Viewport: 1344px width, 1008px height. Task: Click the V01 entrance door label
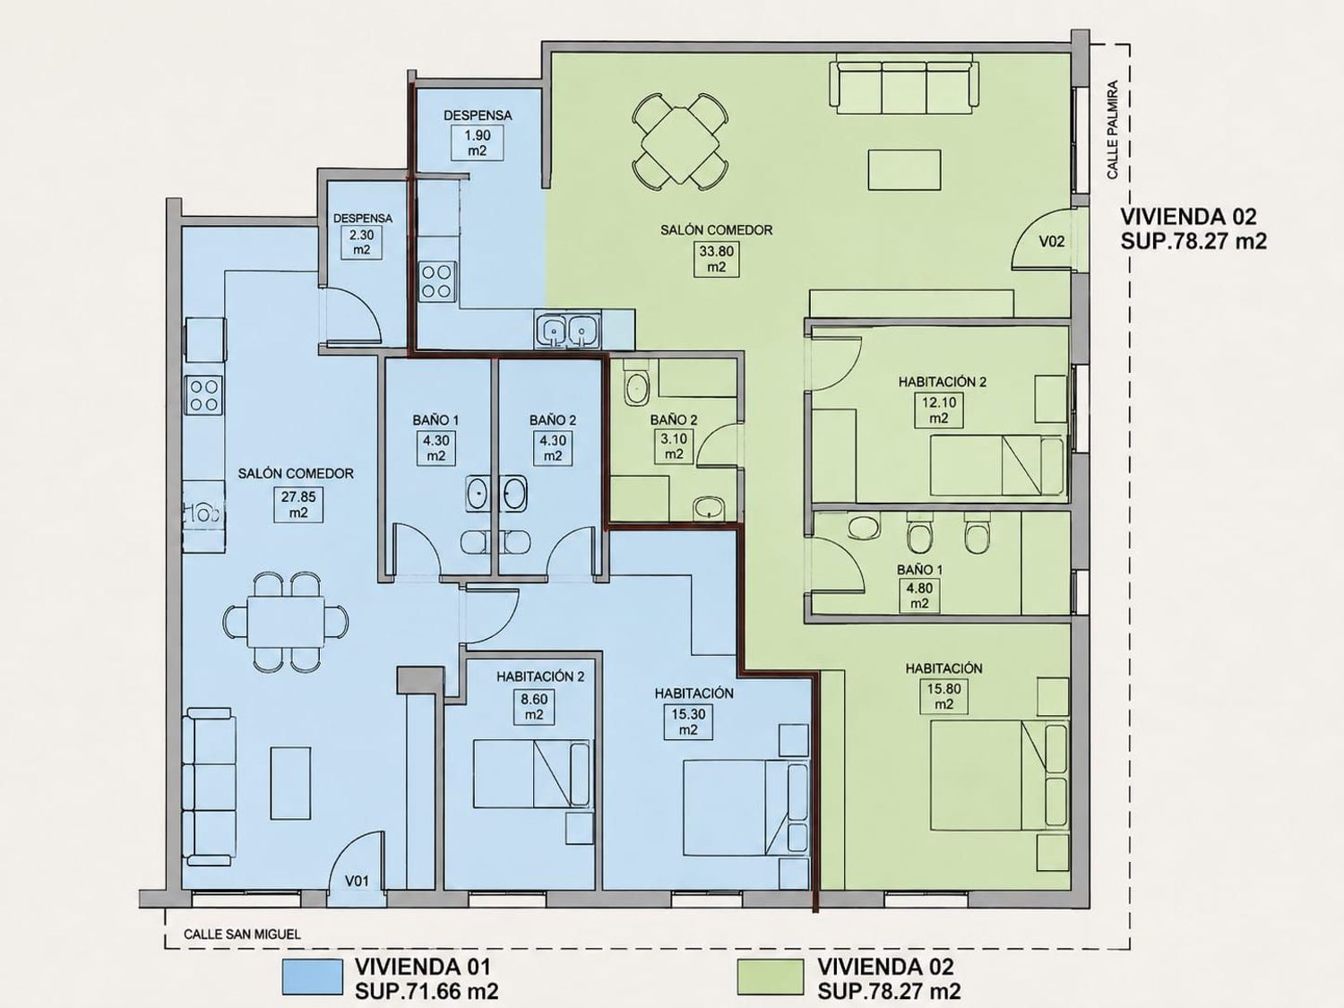(357, 882)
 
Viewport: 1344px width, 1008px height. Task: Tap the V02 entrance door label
(1052, 241)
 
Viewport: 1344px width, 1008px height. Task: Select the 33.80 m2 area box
(717, 259)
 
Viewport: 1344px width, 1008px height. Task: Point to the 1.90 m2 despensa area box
(477, 142)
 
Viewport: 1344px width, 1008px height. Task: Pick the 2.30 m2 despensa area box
(361, 242)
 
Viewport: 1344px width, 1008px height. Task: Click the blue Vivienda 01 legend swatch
(313, 977)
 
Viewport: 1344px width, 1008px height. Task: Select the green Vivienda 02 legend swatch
(771, 977)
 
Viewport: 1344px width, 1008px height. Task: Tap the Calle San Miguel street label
(243, 935)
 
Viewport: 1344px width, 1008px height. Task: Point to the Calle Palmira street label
(1113, 130)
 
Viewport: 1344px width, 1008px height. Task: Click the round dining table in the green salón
(680, 144)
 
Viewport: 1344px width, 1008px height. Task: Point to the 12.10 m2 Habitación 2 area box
(939, 410)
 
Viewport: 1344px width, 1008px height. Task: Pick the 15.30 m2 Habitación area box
(688, 721)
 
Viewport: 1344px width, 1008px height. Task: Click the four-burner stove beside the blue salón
(204, 395)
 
